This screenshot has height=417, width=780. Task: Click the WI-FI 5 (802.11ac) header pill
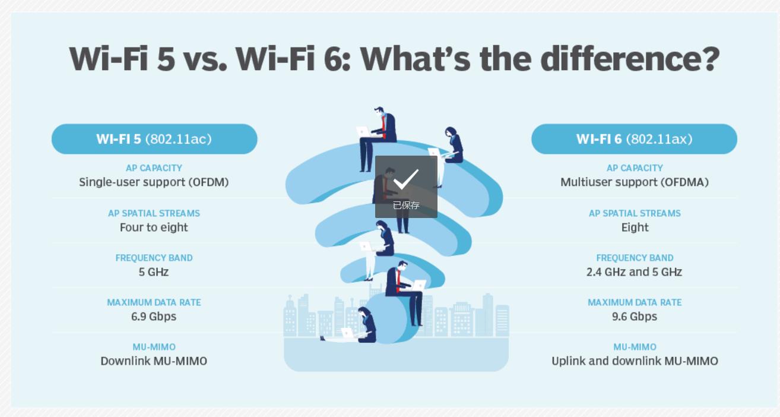[154, 139]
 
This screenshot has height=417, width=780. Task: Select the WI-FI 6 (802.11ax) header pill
[634, 139]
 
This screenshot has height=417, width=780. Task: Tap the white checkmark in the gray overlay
[405, 179]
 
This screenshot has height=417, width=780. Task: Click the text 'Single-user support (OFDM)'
[154, 182]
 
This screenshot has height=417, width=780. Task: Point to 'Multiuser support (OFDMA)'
[635, 182]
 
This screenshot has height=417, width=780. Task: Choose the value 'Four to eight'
[154, 228]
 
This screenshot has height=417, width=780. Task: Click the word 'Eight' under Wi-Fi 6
[635, 228]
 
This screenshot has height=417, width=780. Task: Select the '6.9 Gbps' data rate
[154, 317]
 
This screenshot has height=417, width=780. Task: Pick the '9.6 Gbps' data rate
[635, 317]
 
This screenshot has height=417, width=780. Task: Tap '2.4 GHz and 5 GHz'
[634, 272]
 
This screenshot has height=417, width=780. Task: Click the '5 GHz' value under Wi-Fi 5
[154, 272]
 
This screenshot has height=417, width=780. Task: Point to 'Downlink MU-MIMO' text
[154, 361]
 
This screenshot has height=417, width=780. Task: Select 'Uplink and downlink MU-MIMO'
[635, 361]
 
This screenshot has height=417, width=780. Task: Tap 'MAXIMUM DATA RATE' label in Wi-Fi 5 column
[154, 302]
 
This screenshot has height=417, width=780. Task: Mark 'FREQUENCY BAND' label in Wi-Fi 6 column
[635, 258]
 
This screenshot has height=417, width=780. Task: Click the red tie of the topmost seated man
[384, 127]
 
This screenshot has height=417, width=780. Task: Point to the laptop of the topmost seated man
[363, 132]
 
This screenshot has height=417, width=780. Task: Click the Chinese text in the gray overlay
[406, 206]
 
